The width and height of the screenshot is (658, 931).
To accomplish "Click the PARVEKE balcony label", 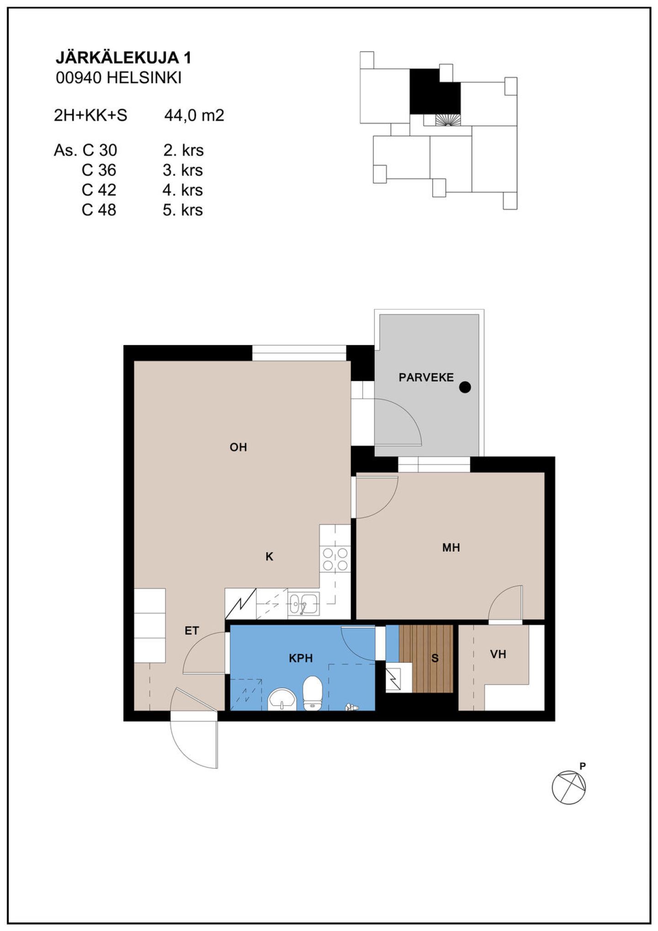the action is pyautogui.click(x=426, y=378).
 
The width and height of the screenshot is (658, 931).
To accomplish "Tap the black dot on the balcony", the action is pyautogui.click(x=465, y=387).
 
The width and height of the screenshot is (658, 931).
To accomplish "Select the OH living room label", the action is pyautogui.click(x=238, y=447).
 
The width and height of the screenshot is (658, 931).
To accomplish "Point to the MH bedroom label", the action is pyautogui.click(x=451, y=547).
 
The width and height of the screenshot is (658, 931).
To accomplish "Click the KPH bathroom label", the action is pyautogui.click(x=301, y=658).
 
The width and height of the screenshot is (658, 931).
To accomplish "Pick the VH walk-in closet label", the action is pyautogui.click(x=498, y=654).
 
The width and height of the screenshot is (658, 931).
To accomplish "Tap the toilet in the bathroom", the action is pyautogui.click(x=313, y=693).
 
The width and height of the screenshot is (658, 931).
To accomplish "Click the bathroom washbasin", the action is pyautogui.click(x=282, y=699).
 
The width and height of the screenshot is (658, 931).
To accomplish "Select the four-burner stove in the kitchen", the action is pyautogui.click(x=335, y=559).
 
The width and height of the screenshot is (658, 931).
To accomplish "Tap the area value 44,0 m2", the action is pyautogui.click(x=194, y=115).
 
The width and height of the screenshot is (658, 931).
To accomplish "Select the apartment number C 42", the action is pyautogui.click(x=99, y=190).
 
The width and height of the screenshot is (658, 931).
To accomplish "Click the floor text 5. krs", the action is pyautogui.click(x=183, y=210).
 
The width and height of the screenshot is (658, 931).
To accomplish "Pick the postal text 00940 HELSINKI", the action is pyautogui.click(x=119, y=78).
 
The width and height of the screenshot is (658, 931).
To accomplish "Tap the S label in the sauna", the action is pyautogui.click(x=435, y=658).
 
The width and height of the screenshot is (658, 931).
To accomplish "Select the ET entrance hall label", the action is pyautogui.click(x=191, y=631).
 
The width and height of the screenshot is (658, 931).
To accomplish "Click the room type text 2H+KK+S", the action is pyautogui.click(x=90, y=115).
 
